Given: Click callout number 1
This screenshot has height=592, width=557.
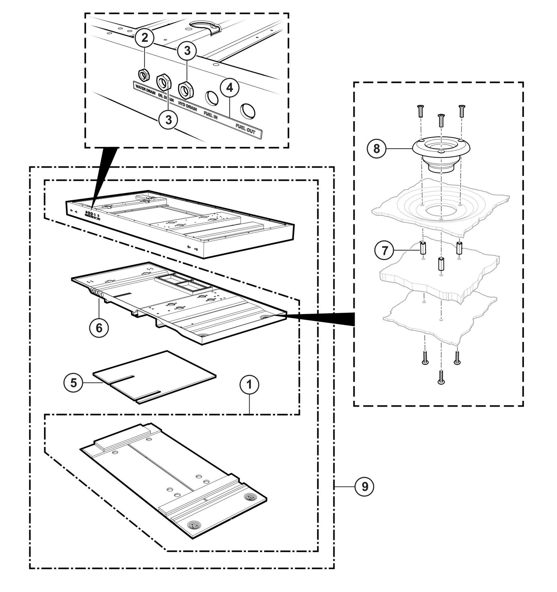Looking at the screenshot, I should point(250,385).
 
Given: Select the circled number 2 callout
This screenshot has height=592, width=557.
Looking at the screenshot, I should point(145,38).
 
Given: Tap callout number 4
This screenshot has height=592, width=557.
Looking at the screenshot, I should point(229,88).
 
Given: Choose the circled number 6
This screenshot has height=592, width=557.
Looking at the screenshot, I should point(99,328).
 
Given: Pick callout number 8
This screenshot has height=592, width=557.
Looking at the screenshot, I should point(377,148).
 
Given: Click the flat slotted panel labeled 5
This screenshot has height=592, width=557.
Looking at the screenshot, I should point(154,376).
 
